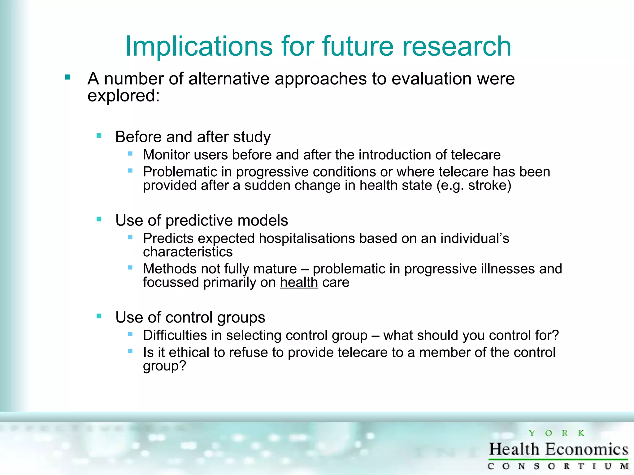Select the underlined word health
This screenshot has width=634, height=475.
pyautogui.click(x=299, y=282)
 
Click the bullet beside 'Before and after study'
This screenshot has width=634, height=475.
pyautogui.click(x=99, y=135)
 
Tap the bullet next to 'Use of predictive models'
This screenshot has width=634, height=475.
pyautogui.click(x=99, y=219)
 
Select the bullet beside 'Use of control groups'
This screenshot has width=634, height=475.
pyautogui.click(x=99, y=316)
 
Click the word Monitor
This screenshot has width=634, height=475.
pyautogui.click(x=166, y=155)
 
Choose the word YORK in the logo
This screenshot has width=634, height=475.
pyautogui.click(x=556, y=433)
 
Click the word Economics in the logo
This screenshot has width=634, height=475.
pyautogui.click(x=587, y=449)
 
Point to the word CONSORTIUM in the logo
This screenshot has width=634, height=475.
pyautogui.click(x=558, y=466)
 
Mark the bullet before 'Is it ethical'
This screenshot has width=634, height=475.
pyautogui.click(x=130, y=351)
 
